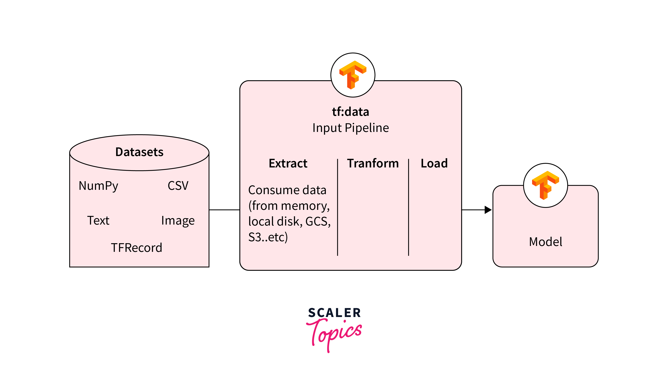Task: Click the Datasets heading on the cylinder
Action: click(139, 152)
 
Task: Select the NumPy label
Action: click(98, 186)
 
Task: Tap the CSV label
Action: click(178, 186)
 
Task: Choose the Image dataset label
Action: click(178, 221)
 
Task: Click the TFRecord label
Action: click(136, 248)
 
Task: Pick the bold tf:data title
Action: click(350, 111)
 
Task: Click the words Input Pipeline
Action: click(350, 128)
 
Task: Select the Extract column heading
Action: click(288, 163)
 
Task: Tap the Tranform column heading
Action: click(373, 163)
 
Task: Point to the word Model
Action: click(545, 242)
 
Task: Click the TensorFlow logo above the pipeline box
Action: click(353, 75)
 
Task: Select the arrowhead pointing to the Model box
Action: click(488, 210)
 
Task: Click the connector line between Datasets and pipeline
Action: click(224, 210)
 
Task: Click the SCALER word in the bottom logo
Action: click(334, 313)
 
